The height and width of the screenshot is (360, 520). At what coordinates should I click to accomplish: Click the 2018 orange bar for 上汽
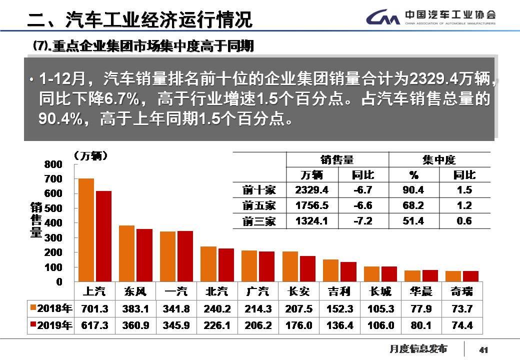point(86,230)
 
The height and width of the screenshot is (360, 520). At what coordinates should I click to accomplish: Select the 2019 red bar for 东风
point(144,255)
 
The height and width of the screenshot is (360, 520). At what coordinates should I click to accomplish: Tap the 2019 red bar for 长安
point(307,269)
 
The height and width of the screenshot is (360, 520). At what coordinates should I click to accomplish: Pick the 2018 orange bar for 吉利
point(330,270)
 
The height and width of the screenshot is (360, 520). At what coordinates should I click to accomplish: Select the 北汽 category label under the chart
point(216,291)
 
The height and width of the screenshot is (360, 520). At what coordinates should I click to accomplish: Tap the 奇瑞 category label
point(462,291)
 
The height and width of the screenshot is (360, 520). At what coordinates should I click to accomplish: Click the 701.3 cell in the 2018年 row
point(94,308)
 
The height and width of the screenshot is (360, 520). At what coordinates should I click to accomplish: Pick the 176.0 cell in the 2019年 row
point(299,325)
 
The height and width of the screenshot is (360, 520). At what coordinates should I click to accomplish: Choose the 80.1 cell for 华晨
point(422,325)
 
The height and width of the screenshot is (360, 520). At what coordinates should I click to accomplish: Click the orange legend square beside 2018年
point(33,308)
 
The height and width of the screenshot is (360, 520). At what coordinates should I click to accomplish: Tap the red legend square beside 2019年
point(33,325)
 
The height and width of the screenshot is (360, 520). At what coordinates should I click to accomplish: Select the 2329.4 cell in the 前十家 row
point(312,190)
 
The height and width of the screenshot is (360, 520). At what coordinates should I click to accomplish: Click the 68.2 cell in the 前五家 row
point(413,205)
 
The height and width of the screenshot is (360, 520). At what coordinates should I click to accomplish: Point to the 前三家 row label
point(259,221)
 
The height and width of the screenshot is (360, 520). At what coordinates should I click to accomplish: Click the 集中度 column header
point(439,160)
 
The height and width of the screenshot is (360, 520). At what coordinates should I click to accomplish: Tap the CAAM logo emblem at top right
point(383,18)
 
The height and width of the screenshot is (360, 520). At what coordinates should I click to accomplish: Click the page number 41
point(483,349)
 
